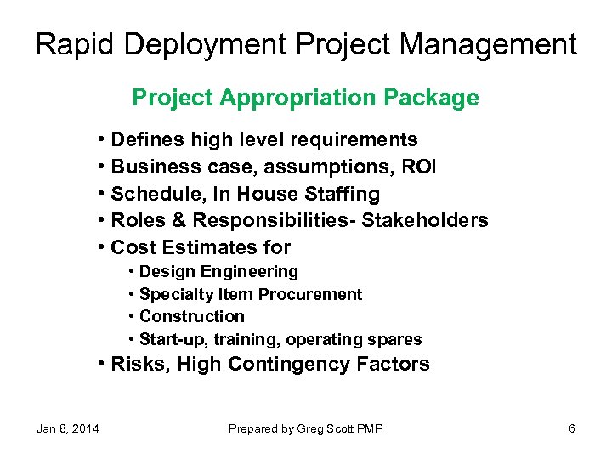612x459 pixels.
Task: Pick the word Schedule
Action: coord(152,194)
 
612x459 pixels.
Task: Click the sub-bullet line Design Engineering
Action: coord(218,272)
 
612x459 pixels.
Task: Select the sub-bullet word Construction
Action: coord(191,317)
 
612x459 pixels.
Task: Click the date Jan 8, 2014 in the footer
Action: coord(67,428)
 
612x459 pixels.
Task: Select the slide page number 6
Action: coord(572,428)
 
